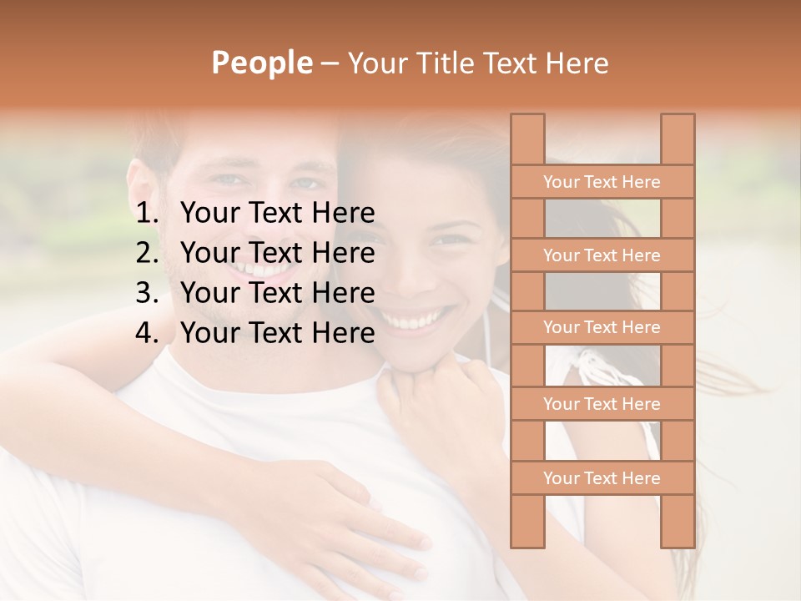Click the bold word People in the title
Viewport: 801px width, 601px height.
(262, 63)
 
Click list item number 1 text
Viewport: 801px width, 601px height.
(277, 214)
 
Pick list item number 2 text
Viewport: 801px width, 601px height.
(277, 253)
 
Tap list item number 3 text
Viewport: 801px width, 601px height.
(277, 293)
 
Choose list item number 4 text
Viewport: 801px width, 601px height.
(277, 333)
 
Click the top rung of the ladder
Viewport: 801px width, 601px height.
(602, 182)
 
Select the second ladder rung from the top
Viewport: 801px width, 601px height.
(602, 255)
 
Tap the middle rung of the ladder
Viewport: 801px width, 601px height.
(602, 328)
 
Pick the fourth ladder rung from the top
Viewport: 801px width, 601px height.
(602, 404)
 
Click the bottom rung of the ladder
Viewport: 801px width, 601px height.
(602, 478)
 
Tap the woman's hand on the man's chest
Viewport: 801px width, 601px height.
(350, 518)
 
